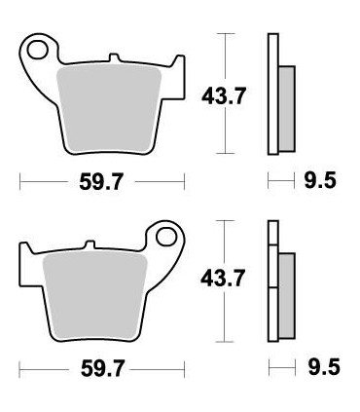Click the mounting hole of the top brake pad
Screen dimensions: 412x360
click(39, 48)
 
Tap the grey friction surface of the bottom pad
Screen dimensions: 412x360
click(97, 292)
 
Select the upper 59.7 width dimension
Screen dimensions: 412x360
click(102, 181)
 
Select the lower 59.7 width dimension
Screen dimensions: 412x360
click(102, 370)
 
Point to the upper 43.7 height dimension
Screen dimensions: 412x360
click(221, 94)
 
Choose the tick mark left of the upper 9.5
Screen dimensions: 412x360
click(271, 181)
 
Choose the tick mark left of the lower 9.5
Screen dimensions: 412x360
click(271, 370)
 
